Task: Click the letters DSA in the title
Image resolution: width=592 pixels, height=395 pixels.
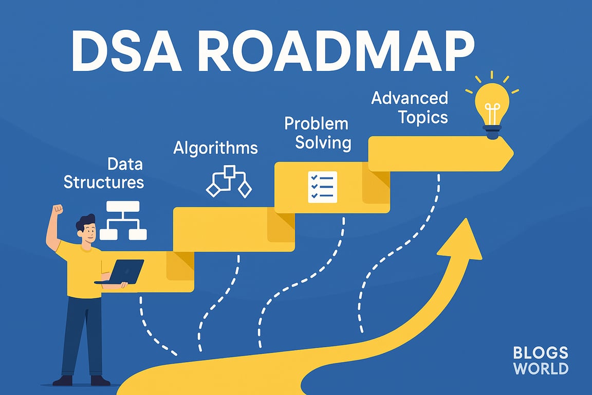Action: [127, 50]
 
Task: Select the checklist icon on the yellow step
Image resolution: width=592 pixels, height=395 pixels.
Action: [322, 187]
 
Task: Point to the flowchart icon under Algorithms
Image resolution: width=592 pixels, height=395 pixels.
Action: [229, 182]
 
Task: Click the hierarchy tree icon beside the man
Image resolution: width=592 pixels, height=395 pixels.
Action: [123, 221]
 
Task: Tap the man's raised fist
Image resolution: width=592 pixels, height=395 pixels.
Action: [58, 209]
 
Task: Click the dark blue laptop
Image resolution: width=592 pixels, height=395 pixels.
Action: [120, 272]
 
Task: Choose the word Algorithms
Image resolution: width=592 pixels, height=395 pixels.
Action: [216, 148]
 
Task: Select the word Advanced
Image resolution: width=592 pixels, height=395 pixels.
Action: [410, 98]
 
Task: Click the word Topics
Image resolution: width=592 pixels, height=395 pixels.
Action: [423, 118]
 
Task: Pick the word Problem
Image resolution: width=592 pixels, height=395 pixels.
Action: [317, 123]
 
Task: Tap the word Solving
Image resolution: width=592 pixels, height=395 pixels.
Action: [323, 143]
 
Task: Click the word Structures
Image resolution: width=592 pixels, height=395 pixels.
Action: [104, 182]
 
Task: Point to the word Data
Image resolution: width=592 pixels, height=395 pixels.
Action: [125, 164]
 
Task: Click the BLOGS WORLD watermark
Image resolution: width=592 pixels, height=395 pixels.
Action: [541, 361]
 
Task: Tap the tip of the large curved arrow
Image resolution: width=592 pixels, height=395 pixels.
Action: [467, 219]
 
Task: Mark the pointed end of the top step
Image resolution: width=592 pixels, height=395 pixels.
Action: [513, 153]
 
